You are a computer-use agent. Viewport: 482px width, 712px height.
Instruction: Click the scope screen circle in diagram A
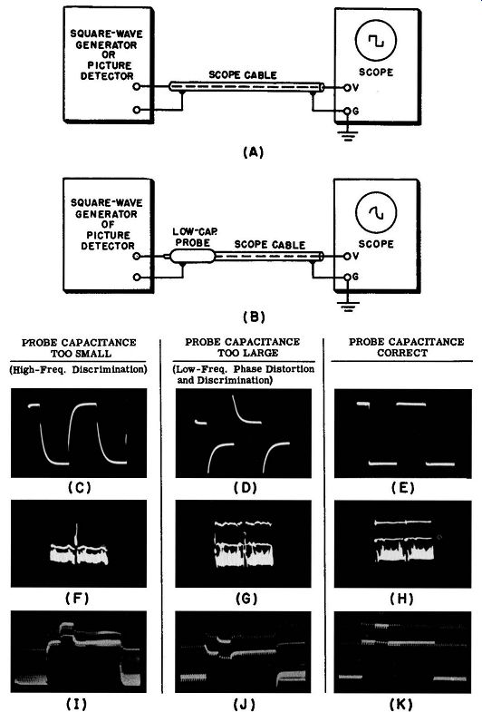(356, 41)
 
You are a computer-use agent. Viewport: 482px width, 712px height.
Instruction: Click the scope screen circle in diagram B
(356, 212)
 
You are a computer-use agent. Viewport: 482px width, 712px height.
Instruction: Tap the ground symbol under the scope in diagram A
(347, 136)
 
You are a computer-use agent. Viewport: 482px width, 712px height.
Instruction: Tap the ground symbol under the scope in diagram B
(347, 307)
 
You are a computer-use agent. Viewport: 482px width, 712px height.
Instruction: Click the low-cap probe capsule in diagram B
(192, 257)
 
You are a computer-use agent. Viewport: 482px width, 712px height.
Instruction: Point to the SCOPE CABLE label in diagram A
(243, 75)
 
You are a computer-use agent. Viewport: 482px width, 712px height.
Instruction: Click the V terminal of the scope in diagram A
(347, 88)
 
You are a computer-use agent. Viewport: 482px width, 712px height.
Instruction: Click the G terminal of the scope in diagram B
(347, 277)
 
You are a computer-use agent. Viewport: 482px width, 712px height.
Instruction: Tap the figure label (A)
(253, 152)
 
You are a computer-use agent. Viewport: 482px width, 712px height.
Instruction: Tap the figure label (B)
(254, 317)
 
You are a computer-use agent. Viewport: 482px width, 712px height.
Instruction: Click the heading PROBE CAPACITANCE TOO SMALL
(79, 347)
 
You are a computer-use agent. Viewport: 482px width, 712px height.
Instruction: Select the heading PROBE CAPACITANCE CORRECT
(406, 347)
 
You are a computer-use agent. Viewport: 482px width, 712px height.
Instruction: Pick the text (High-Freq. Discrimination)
(79, 370)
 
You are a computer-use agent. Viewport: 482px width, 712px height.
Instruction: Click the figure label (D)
(246, 488)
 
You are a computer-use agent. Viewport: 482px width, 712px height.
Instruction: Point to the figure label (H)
(402, 599)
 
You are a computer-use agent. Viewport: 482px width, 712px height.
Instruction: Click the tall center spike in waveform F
(77, 536)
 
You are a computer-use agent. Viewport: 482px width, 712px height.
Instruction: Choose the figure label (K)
(401, 704)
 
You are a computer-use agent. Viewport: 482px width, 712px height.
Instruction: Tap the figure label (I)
(77, 704)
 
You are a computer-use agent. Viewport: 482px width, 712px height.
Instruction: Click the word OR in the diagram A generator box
(109, 55)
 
